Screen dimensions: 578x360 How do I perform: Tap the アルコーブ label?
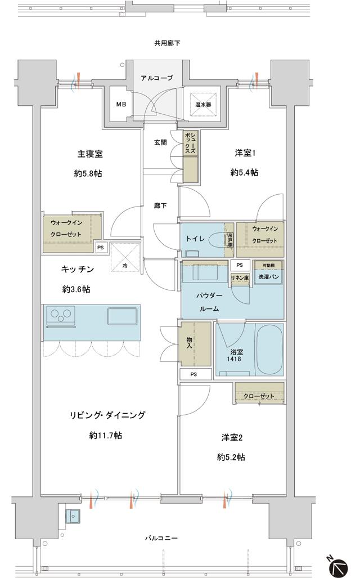[x=156, y=78]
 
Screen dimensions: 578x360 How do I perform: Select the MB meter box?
[x=121, y=104]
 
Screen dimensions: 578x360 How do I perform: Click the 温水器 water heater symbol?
[x=202, y=104]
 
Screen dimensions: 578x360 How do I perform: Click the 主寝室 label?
[x=89, y=154]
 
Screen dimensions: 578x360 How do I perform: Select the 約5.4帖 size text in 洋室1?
[x=244, y=173]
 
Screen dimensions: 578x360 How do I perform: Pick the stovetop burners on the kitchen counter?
[x=61, y=315]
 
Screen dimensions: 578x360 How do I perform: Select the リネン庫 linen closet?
[x=240, y=277]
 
